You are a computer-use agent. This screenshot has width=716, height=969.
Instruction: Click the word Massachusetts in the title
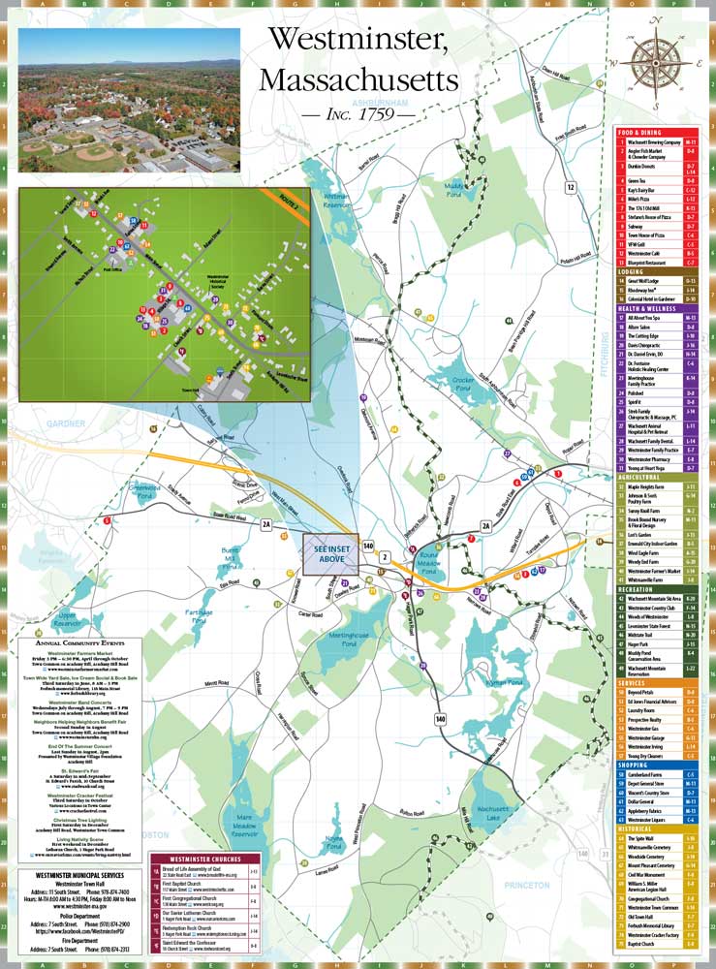(x=358, y=78)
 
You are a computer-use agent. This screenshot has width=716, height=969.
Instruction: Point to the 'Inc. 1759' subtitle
(x=358, y=114)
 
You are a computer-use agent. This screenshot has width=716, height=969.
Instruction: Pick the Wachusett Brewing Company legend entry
(x=654, y=141)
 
